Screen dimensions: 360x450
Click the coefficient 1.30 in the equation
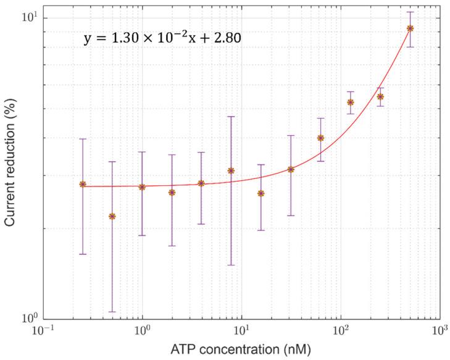coord(122,39)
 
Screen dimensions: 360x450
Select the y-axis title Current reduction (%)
coord(10,165)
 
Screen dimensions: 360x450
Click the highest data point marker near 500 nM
coord(410,28)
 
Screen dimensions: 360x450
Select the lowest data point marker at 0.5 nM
coord(112,216)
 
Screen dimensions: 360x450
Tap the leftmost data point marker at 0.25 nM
coord(83,184)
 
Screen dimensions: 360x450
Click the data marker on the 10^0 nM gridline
coord(142,186)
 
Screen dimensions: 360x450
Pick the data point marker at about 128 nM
coord(351,102)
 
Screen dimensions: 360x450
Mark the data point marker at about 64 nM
coord(320,138)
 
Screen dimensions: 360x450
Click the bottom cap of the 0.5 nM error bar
coord(112,312)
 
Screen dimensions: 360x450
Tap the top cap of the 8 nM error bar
coord(231,117)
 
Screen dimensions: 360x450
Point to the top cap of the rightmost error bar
coord(410,12)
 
